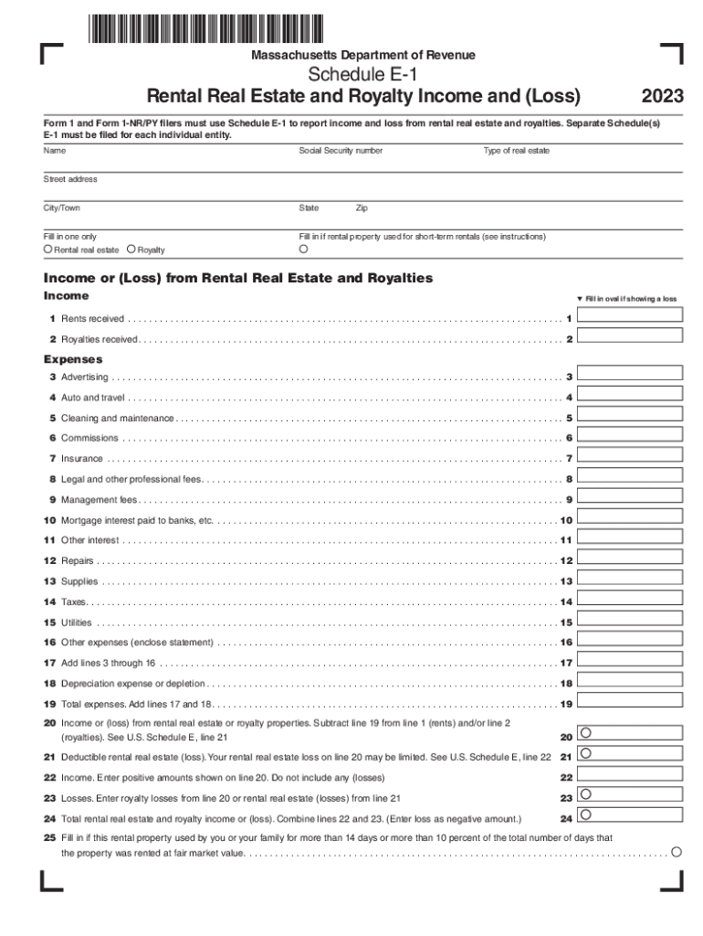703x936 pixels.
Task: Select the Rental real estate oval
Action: pyautogui.click(x=48, y=249)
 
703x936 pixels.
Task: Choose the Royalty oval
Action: pyautogui.click(x=131, y=249)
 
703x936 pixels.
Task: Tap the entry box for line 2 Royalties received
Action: pyautogui.click(x=630, y=337)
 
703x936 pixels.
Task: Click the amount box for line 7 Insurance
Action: pyautogui.click(x=630, y=457)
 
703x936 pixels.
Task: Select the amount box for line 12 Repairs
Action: pyautogui.click(x=630, y=559)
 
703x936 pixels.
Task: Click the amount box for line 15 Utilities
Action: pyautogui.click(x=630, y=621)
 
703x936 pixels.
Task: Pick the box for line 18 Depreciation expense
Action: pyautogui.click(x=630, y=682)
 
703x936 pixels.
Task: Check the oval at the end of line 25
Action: pyautogui.click(x=677, y=852)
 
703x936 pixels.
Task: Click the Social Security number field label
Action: pyautogui.click(x=341, y=151)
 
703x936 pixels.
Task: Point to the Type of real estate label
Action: pyautogui.click(x=517, y=151)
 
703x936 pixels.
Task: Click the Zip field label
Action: pyautogui.click(x=362, y=208)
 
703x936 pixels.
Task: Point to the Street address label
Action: pyautogui.click(x=70, y=179)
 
